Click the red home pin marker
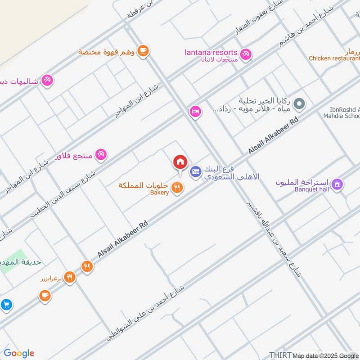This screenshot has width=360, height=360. click(180, 162)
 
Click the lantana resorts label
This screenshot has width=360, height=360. click(211, 52)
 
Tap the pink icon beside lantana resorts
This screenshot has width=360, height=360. click(245, 54)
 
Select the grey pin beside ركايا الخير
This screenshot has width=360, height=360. click(299, 105)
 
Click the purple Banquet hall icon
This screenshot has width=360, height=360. click(337, 184)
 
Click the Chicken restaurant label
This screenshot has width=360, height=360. click(333, 58)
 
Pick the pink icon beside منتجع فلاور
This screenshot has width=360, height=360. click(101, 155)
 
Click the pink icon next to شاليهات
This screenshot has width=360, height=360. click(47, 81)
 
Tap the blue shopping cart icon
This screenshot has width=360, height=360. click(6, 305)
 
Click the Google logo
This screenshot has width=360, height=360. click(19, 353)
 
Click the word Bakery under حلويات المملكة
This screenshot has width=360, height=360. click(159, 193)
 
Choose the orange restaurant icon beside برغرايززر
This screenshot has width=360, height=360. click(69, 277)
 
